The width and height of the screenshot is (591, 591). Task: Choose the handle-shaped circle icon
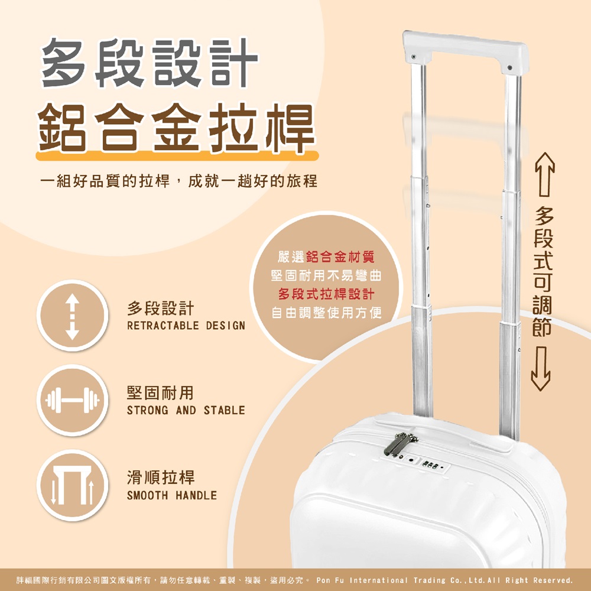tap(72, 486)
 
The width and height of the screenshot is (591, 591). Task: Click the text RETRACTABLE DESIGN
tap(186, 326)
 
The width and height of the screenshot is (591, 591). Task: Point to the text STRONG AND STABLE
tap(186, 410)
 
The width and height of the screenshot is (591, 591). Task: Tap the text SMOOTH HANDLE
tap(171, 495)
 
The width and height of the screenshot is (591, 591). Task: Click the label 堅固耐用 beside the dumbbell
tap(160, 392)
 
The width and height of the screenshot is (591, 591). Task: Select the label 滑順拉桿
tap(160, 478)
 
